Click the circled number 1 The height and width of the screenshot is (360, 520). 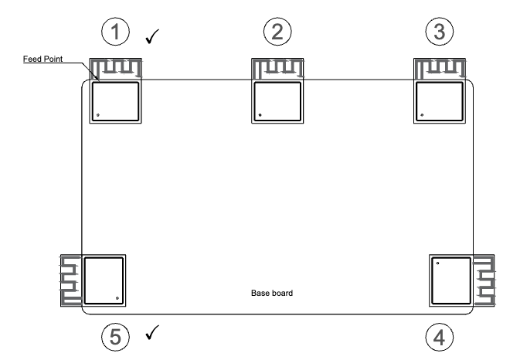point(115,32)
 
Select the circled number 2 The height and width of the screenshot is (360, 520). point(277,32)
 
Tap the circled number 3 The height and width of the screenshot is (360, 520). point(440,32)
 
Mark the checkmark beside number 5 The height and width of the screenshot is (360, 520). point(153,333)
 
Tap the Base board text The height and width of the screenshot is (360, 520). point(272,294)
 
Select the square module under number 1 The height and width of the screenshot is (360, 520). point(116,101)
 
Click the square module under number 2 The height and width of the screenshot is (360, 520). point(278,101)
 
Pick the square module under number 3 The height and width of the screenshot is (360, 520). point(440,101)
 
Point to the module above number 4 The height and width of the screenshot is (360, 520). point(450,280)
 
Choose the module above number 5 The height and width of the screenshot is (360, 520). point(104,280)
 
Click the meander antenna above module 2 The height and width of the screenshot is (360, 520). point(278,68)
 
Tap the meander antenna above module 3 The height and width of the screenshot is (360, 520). point(440,68)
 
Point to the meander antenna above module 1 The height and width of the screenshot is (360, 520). point(116,68)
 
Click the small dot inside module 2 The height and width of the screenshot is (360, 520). point(260,117)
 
